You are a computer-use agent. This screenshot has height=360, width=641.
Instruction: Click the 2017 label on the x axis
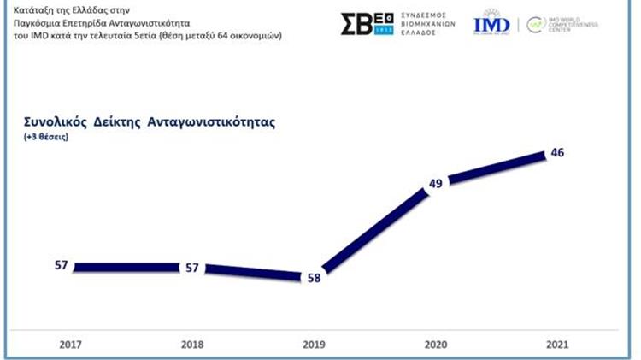pos(70,345)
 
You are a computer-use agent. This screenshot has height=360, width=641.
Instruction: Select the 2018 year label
pos(191,345)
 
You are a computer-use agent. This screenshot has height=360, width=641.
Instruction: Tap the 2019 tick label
pos(314,345)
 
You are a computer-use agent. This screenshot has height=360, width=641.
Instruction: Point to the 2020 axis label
pos(435,345)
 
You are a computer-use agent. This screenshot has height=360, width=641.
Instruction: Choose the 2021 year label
pos(557,345)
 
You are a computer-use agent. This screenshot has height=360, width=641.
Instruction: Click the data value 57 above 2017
pos(61,266)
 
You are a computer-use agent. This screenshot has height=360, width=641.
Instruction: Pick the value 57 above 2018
pos(192,268)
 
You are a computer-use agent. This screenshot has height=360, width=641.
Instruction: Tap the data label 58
pos(314,278)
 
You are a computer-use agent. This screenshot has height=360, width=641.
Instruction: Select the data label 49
pos(435,183)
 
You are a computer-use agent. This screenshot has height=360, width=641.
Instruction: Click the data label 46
pos(557,152)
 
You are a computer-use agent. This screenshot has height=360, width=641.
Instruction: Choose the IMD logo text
pos(491,24)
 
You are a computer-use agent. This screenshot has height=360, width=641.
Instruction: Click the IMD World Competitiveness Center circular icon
pos(536,24)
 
